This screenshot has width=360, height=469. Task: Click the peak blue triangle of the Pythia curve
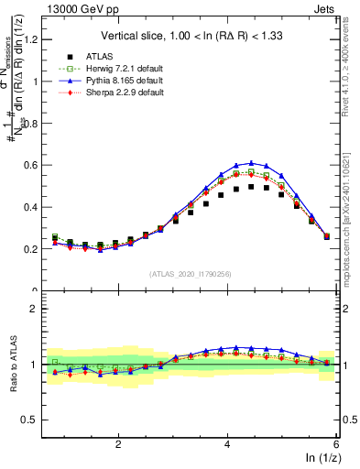click(251, 163)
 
